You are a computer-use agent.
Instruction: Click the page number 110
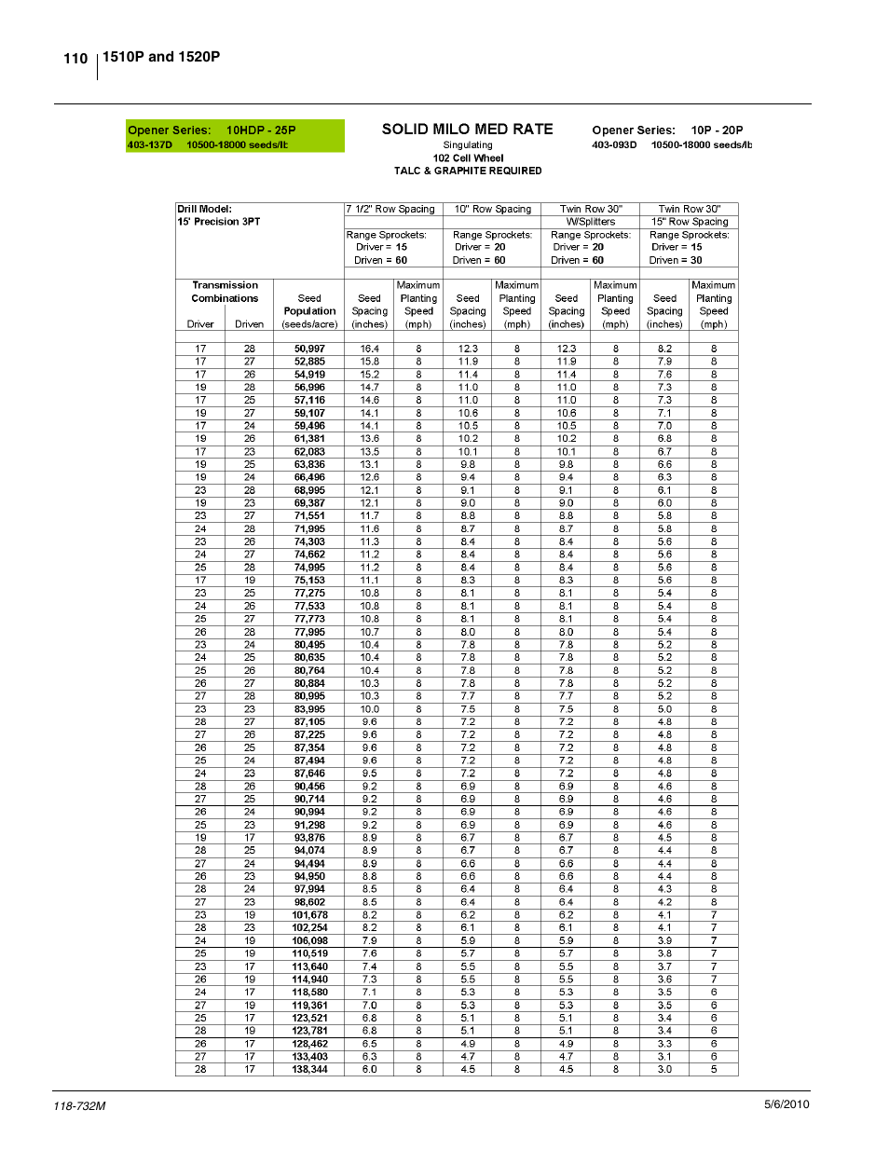[x=75, y=59]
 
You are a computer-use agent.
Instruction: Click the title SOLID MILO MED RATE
[x=467, y=130]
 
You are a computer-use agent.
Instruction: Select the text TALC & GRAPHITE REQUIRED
[x=467, y=171]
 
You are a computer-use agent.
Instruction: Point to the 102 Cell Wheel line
[x=468, y=158]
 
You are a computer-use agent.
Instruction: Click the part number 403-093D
[x=614, y=144]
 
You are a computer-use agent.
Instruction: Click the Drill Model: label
[x=204, y=209]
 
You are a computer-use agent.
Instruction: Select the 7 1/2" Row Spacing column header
[x=390, y=209]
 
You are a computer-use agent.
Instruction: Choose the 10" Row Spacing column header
[x=492, y=209]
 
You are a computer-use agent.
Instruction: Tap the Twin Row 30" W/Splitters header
[x=591, y=215]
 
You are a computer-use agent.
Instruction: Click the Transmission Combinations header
[x=225, y=292]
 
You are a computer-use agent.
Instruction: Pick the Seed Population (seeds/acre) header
[x=309, y=311]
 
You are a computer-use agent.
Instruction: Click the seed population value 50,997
[x=309, y=349]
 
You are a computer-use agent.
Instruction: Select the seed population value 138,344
[x=309, y=1069]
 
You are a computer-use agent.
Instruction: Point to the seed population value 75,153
[x=309, y=580]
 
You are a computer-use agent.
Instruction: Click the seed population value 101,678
[x=309, y=915]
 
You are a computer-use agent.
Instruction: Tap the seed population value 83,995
[x=309, y=709]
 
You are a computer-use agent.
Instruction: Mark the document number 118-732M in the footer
[x=79, y=1106]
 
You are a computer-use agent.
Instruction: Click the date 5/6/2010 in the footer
[x=786, y=1104]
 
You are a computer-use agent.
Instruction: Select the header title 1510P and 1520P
[x=161, y=57]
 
